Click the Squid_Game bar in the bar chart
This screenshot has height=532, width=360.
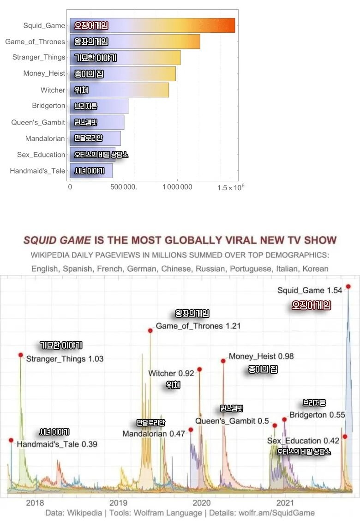(x=152, y=25)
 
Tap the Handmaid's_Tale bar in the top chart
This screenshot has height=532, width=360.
(x=91, y=171)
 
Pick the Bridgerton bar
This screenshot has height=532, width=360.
(x=99, y=106)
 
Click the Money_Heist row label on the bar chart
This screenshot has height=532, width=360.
(x=44, y=73)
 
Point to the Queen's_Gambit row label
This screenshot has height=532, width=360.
(x=38, y=122)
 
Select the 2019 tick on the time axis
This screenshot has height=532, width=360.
(x=118, y=502)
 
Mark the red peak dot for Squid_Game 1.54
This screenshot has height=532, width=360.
(x=348, y=287)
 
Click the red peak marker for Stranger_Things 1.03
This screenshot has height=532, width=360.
(x=21, y=355)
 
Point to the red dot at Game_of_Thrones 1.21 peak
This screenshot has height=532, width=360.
(x=150, y=330)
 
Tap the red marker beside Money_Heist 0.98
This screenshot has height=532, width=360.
(x=223, y=361)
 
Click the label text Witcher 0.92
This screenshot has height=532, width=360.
(x=171, y=373)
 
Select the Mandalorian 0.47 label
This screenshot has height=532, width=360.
(x=153, y=434)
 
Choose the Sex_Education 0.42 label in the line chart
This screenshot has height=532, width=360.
(x=303, y=441)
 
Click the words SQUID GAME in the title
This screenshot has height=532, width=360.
(x=57, y=240)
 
